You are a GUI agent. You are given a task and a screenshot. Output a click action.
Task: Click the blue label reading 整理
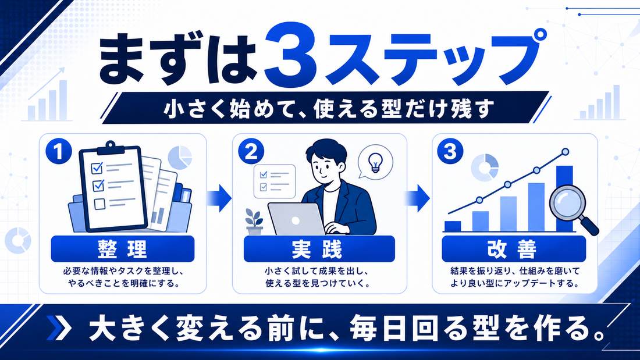click(x=122, y=248)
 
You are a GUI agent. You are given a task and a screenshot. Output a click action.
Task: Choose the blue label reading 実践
click(x=319, y=248)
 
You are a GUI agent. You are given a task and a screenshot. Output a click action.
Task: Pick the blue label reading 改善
click(x=514, y=248)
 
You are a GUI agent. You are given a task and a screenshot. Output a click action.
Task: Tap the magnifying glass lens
click(x=567, y=202)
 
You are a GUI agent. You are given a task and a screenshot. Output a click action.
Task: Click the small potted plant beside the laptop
click(x=254, y=221)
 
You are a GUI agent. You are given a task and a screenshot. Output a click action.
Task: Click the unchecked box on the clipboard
click(x=99, y=204)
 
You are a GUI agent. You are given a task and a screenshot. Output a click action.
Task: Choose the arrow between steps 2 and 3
click(x=417, y=198)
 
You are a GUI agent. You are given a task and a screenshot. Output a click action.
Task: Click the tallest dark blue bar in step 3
click(x=564, y=198)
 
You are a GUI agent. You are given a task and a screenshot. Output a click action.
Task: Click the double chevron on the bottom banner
click(x=59, y=328)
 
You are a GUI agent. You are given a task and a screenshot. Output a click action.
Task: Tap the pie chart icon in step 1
click(x=180, y=158)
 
